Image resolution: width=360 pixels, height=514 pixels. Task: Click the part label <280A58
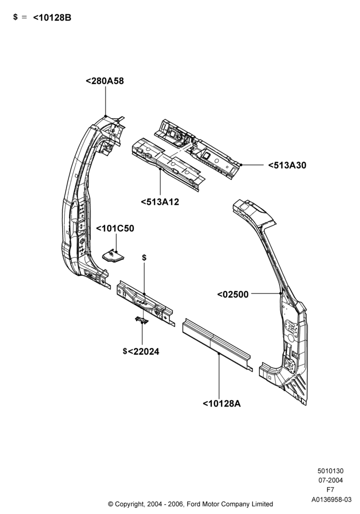(104, 81)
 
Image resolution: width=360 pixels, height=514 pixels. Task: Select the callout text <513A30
(287, 165)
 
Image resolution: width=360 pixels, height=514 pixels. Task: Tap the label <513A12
(160, 202)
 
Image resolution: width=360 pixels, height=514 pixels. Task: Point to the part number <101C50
(115, 228)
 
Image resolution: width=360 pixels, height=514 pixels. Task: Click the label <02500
(233, 295)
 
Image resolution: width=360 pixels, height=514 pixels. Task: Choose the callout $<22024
(141, 352)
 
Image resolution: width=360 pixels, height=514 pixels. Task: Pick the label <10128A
(222, 403)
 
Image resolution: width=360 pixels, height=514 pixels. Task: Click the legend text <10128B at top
(52, 17)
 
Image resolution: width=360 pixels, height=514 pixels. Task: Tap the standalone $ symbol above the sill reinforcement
(145, 258)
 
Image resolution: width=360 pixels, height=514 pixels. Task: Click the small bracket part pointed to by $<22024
(141, 320)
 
